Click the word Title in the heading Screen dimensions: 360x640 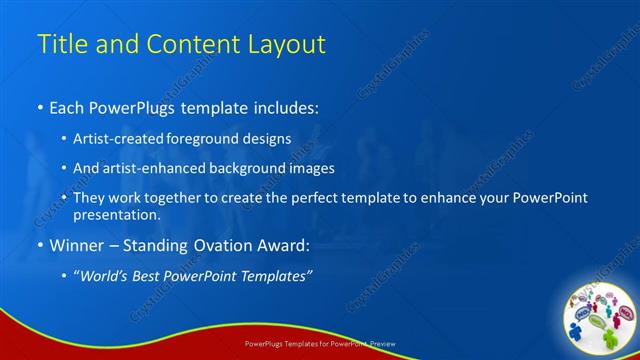pyautogui.click(x=60, y=44)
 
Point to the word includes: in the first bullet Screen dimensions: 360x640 pyautogui.click(x=283, y=107)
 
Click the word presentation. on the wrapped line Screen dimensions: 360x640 pyautogui.click(x=117, y=215)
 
